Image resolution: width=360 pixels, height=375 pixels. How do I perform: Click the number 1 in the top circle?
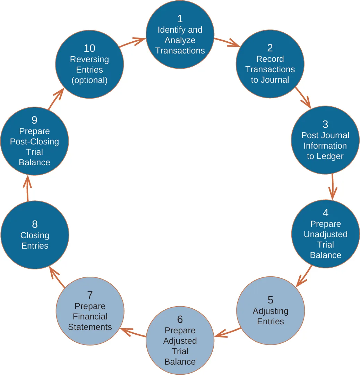pyautogui.click(x=180, y=18)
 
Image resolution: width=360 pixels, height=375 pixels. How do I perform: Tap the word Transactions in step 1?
pyautogui.click(x=180, y=51)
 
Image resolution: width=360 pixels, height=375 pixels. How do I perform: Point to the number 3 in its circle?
pyautogui.click(x=325, y=124)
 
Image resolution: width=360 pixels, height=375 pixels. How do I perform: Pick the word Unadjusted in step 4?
pyautogui.click(x=325, y=234)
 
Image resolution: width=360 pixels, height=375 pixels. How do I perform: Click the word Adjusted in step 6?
pyautogui.click(x=180, y=341)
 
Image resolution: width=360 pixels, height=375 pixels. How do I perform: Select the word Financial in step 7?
pyautogui.click(x=90, y=317)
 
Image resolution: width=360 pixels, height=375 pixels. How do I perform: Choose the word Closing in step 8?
pyautogui.click(x=35, y=235)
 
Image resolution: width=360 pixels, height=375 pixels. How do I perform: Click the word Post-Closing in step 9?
pyautogui.click(x=34, y=142)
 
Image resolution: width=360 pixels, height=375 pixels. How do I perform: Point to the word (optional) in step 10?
pyautogui.click(x=89, y=80)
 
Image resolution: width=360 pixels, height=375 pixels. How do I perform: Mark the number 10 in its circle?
pyautogui.click(x=89, y=48)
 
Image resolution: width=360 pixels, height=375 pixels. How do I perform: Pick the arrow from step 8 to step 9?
pyautogui.click(x=27, y=188)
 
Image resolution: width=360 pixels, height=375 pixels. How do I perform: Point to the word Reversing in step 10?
pyautogui.click(x=89, y=59)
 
